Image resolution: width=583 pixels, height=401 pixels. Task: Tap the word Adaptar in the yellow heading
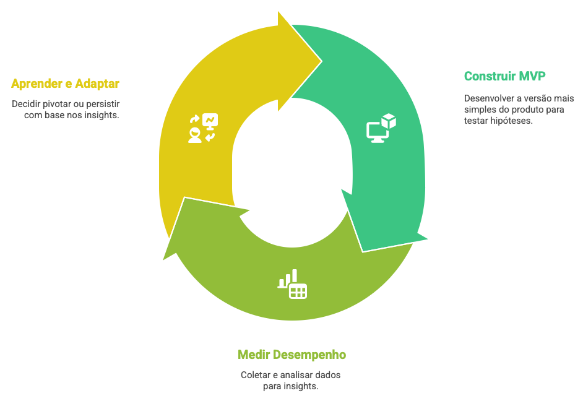tap(97, 84)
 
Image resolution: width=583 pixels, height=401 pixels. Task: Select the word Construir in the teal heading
tap(490, 76)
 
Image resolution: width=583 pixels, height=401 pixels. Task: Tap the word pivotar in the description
tap(59, 103)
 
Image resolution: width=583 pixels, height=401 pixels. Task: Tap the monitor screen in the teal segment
tap(376, 131)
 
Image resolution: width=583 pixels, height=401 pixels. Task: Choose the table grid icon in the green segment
tap(298, 291)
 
